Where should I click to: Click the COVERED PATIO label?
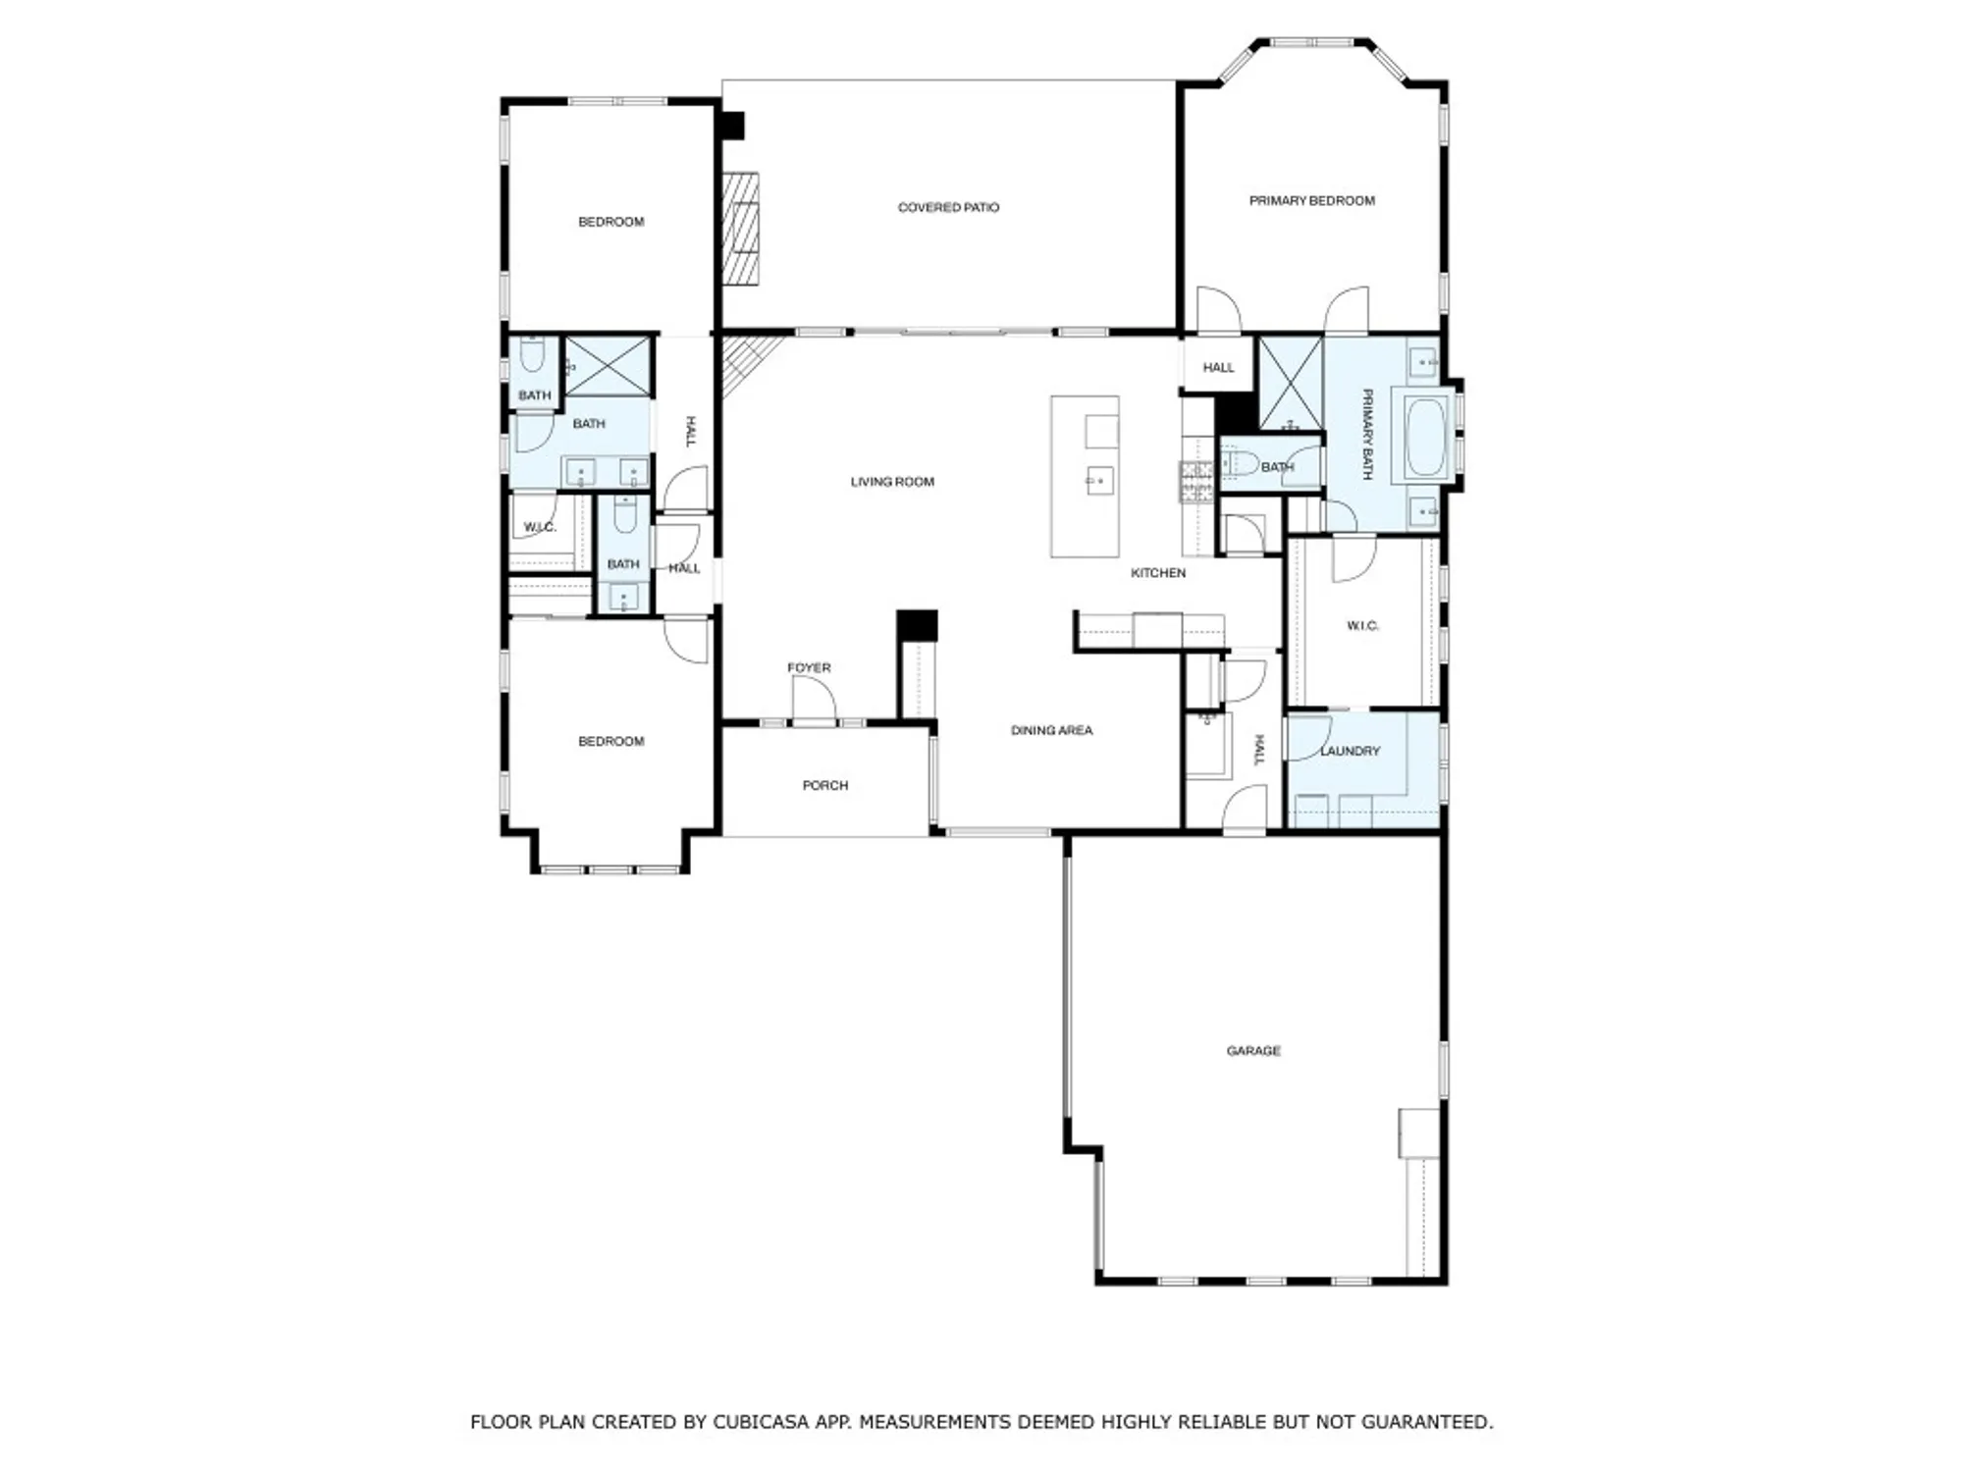click(x=948, y=207)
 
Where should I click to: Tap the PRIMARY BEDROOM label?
click(x=1311, y=200)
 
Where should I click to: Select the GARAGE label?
click(x=1253, y=1050)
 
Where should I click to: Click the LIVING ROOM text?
click(x=892, y=482)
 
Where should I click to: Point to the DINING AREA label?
click(x=1051, y=730)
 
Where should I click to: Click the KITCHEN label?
click(x=1158, y=572)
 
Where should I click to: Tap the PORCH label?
click(x=824, y=785)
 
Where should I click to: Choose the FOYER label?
click(x=809, y=667)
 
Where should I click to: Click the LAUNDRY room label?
click(x=1350, y=751)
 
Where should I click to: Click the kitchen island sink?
click(x=1099, y=481)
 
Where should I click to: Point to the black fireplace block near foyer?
click(x=917, y=624)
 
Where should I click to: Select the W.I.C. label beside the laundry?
click(x=1362, y=625)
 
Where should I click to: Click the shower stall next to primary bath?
click(x=1290, y=383)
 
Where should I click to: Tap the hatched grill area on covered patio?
click(x=741, y=229)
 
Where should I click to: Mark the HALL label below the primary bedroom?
click(x=1218, y=367)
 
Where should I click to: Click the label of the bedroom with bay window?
click(x=610, y=741)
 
